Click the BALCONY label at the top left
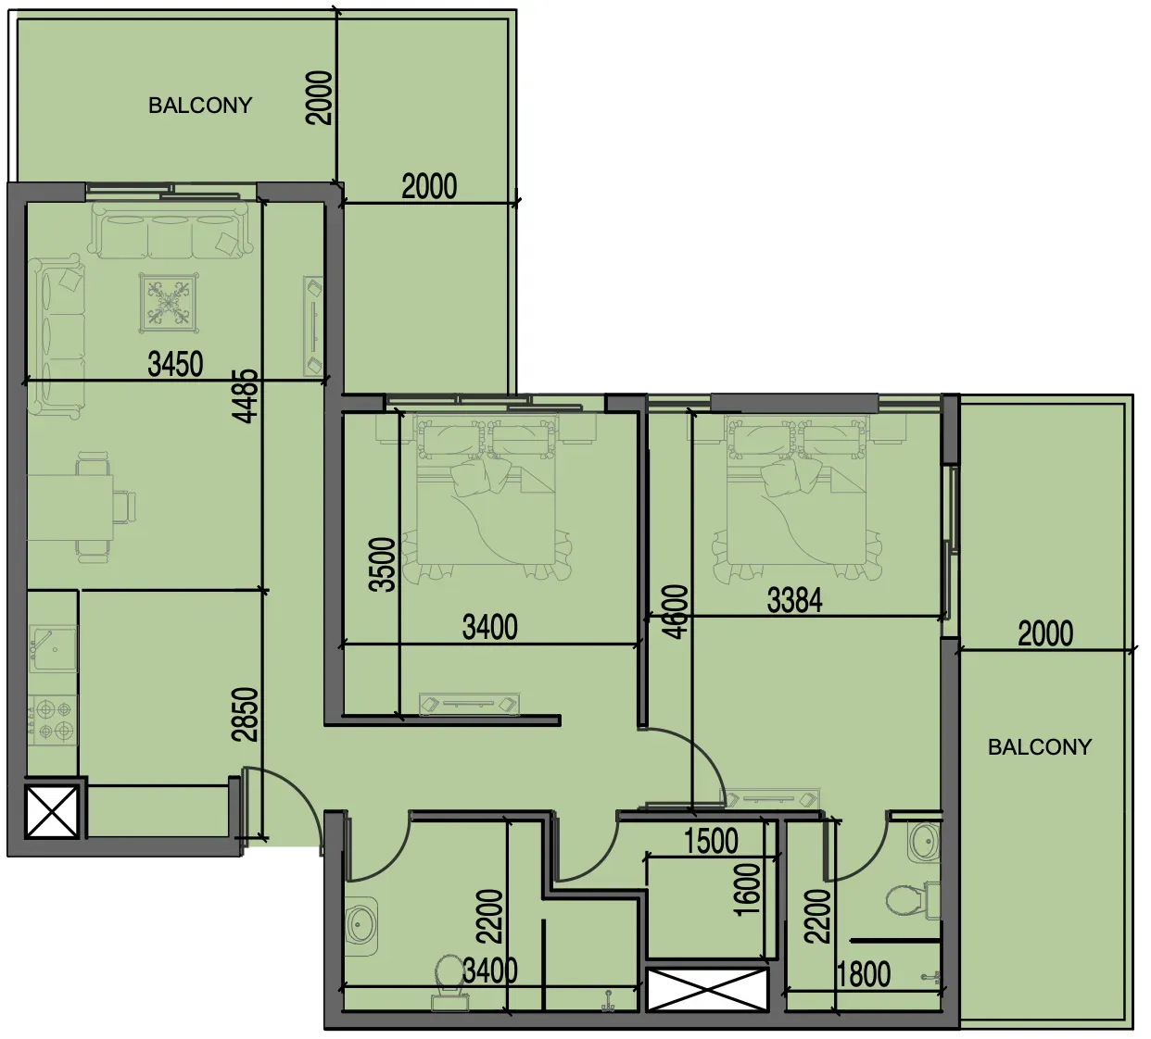pos(200,106)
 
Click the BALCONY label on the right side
pos(1039,746)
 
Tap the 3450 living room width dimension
pos(175,364)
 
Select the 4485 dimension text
pos(247,396)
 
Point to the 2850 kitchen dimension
pos(246,715)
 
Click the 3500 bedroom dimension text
pos(383,565)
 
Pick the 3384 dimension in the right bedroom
pos(795,601)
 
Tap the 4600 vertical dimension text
pos(675,612)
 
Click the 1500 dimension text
pos(711,841)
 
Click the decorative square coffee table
pos(170,303)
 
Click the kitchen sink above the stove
pos(54,649)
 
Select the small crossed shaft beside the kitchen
pos(52,811)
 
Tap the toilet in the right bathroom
pos(912,900)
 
